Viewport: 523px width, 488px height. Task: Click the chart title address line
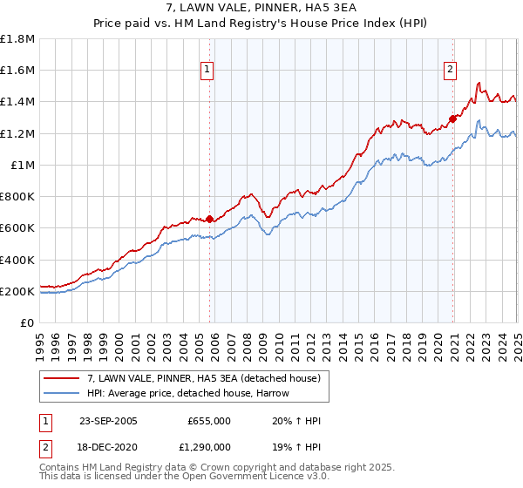261,8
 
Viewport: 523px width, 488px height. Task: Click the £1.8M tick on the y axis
17,39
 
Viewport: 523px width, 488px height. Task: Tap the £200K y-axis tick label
17,291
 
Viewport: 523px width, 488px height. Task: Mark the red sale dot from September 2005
210,220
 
